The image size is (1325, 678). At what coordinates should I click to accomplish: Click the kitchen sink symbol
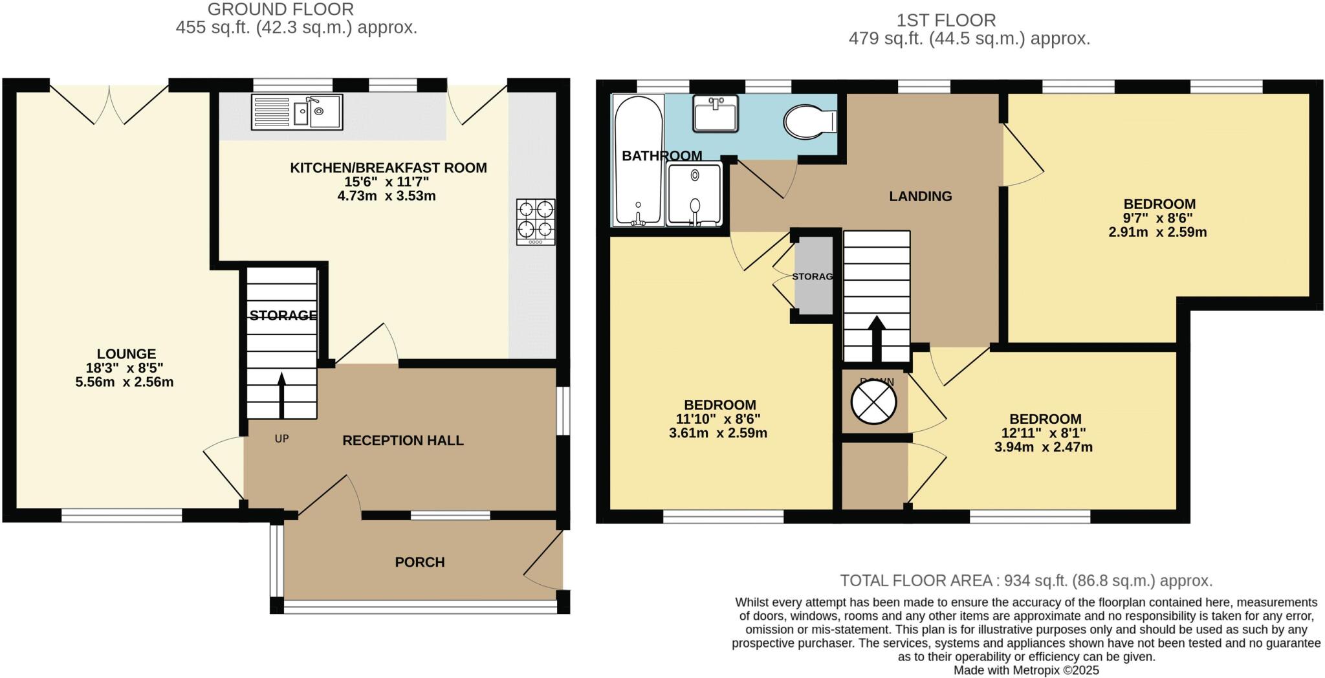coord(297,112)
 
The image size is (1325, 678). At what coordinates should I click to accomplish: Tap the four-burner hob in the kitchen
coord(536,221)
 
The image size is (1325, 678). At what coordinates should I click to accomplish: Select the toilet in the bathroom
coord(809,122)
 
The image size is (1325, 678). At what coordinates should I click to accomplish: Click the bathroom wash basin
coord(715,114)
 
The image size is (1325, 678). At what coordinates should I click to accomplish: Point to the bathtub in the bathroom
coord(638,162)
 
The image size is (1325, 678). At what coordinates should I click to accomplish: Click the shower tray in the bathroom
coord(694,194)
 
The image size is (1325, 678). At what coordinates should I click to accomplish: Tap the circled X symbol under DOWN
coord(873,402)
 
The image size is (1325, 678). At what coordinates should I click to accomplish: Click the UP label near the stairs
coord(281,439)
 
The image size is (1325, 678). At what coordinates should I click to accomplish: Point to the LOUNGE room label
coord(126,354)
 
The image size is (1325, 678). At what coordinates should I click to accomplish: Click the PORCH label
coord(420,562)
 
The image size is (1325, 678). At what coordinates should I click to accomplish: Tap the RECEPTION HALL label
coord(402,441)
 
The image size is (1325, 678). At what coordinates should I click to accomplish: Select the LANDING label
coord(920,196)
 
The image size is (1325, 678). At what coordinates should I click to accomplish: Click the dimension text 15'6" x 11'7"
coord(387,182)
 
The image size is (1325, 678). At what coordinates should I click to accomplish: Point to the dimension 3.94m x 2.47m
coord(1043,446)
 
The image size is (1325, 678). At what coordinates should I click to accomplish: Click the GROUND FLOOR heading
coord(280,9)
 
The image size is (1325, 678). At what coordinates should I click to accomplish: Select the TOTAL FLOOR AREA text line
coord(1026,580)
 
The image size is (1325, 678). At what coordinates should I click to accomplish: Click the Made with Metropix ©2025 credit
coord(1026,670)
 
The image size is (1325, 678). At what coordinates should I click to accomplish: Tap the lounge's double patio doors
coord(109,104)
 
